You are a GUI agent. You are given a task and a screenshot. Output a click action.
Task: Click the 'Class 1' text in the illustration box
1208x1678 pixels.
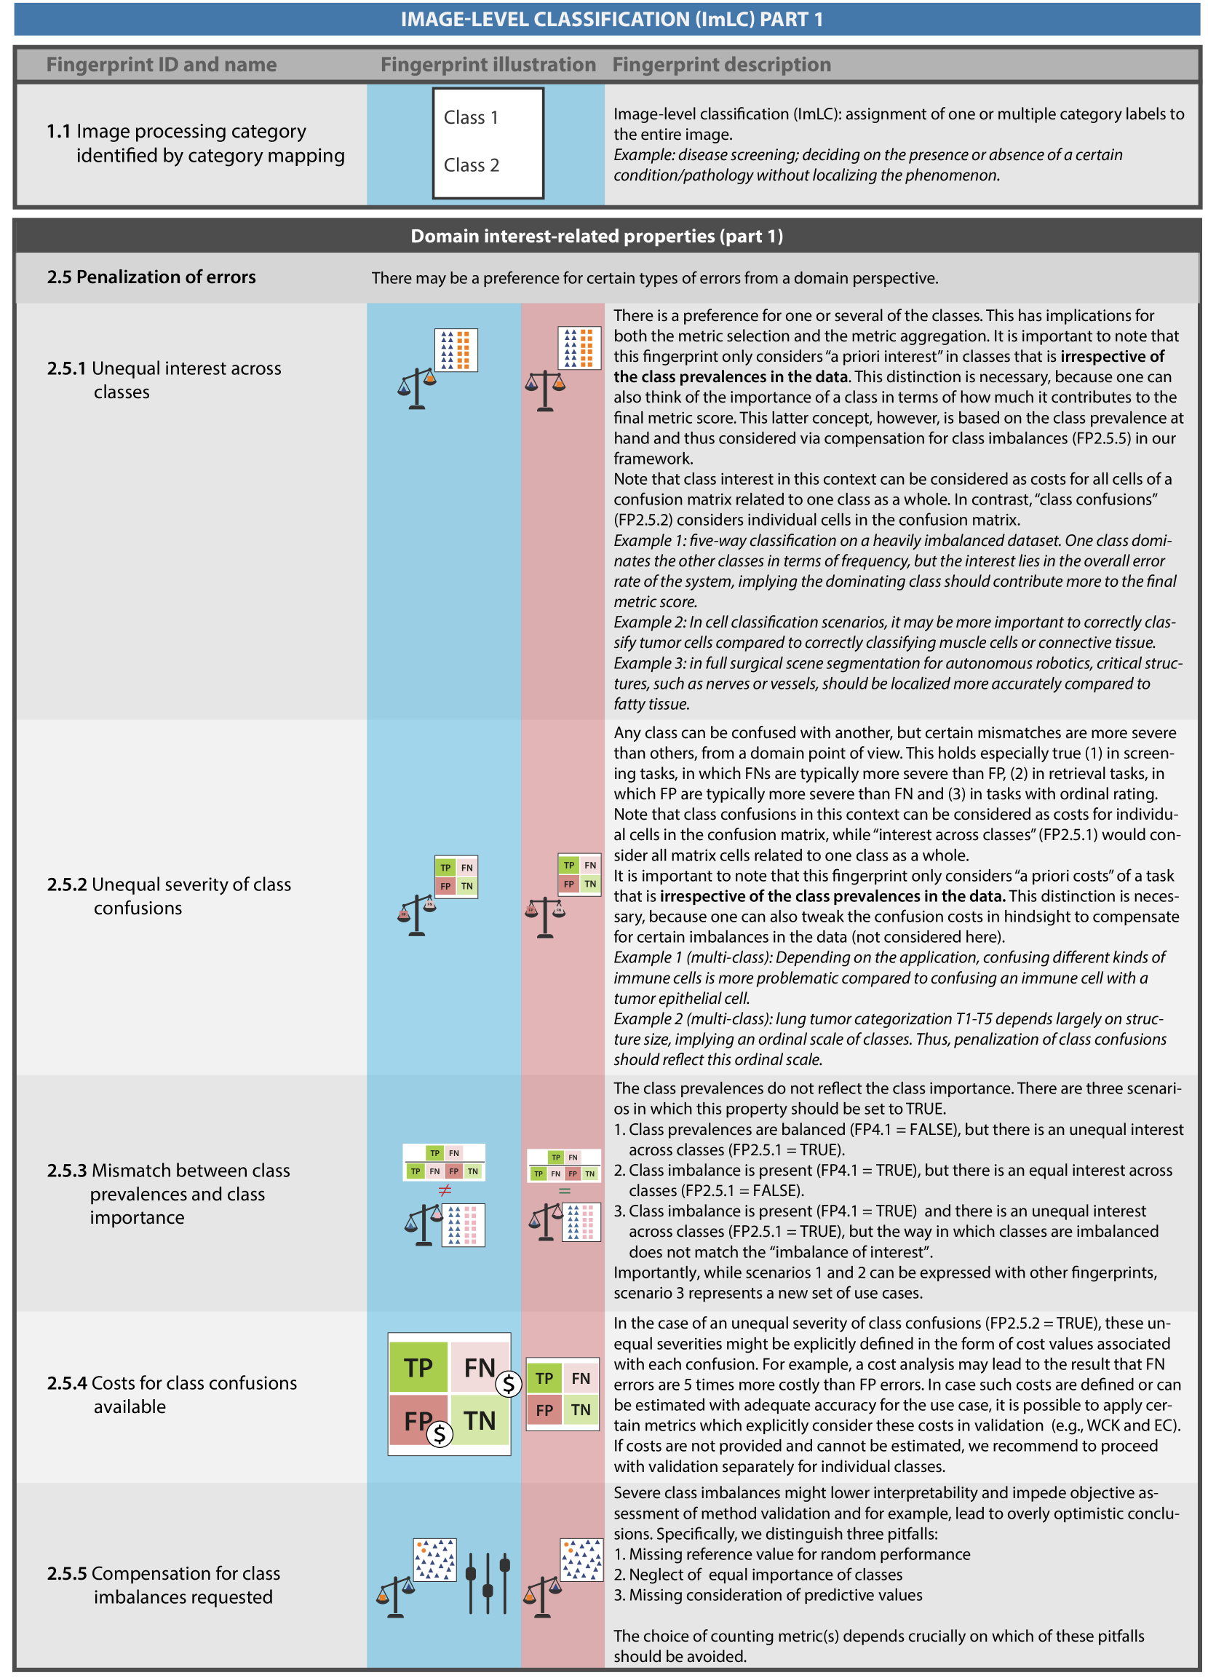coord(471,118)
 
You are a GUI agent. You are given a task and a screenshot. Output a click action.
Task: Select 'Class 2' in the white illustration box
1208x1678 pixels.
coord(472,165)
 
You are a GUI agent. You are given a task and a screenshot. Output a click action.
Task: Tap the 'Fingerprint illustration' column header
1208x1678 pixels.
coord(488,65)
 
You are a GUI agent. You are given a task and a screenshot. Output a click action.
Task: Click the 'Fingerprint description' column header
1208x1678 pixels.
coord(721,65)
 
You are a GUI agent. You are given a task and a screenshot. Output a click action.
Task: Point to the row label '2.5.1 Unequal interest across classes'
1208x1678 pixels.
coord(164,379)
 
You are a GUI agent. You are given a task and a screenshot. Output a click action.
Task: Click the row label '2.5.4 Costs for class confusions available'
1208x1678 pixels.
coord(172,1394)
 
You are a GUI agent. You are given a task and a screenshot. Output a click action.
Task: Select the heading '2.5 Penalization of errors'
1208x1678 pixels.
coord(151,277)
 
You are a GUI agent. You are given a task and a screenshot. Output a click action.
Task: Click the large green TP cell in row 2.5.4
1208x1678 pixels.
coord(418,1367)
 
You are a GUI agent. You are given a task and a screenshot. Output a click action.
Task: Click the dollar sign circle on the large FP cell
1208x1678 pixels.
coord(440,1434)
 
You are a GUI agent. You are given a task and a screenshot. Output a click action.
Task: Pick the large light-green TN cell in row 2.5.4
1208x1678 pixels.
coord(480,1420)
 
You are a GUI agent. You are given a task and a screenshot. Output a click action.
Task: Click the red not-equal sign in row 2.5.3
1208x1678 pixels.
coord(445,1190)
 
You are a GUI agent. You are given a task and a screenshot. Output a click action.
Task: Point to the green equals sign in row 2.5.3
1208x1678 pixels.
coord(565,1191)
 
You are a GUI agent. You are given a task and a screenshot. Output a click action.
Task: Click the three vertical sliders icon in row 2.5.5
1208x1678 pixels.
coord(488,1583)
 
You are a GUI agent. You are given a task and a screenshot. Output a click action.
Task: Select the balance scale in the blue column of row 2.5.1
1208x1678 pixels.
coord(416,388)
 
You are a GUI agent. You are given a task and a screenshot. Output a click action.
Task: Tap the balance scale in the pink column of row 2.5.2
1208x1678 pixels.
coord(545,917)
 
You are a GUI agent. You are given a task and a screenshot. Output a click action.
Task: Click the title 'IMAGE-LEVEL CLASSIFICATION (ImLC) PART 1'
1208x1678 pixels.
coord(611,20)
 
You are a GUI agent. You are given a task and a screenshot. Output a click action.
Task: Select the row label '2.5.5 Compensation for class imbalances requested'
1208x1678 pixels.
coord(164,1585)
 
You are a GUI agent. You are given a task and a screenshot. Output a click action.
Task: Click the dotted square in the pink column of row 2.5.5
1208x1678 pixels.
coord(581,1559)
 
